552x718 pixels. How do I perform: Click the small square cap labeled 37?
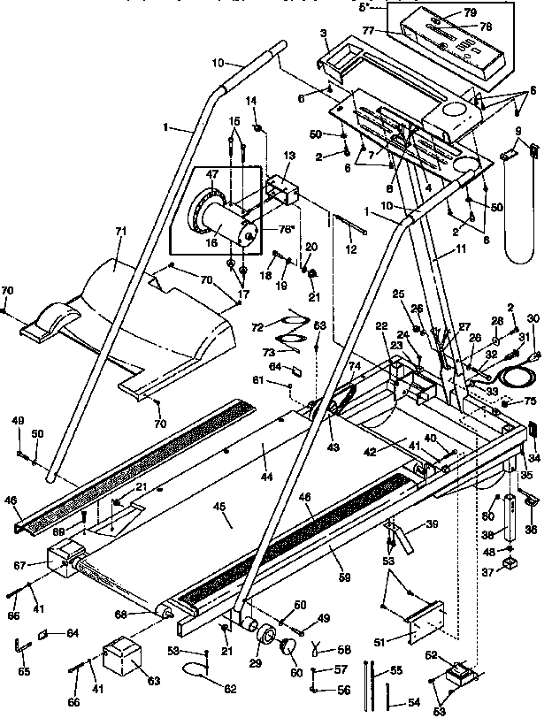[510, 563]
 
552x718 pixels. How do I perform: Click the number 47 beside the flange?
[211, 176]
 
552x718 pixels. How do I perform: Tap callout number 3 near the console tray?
[324, 33]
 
